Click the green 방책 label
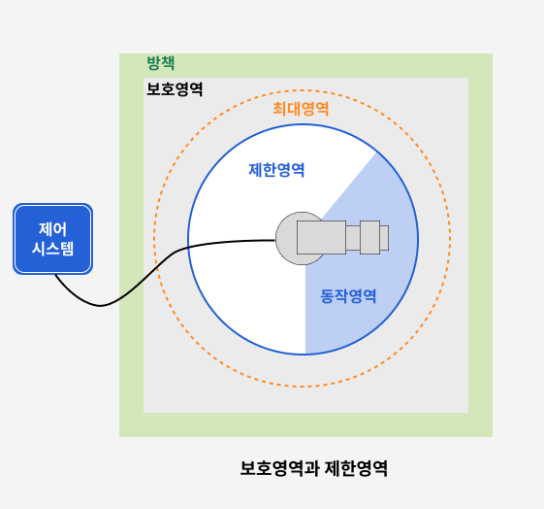pos(161,63)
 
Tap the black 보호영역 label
pos(175,89)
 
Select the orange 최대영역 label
pos(301,109)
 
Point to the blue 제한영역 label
pos(276,170)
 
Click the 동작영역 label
pos(348,296)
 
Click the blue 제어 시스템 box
pos(52,239)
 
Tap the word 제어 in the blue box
pos(52,229)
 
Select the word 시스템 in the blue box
pos(52,249)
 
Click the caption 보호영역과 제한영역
pos(314,468)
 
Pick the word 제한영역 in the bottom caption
pos(356,468)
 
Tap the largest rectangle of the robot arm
pos(321,237)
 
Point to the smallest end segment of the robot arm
pos(384,238)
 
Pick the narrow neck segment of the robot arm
pos(353,238)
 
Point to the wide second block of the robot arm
pos(369,237)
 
